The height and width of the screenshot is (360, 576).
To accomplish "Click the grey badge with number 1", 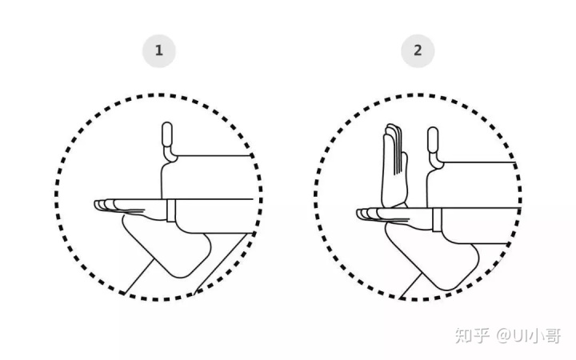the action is pyautogui.click(x=159, y=50).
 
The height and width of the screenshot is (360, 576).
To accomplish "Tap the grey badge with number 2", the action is pyautogui.click(x=418, y=50).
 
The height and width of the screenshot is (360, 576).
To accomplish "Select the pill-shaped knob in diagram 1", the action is pyautogui.click(x=167, y=134).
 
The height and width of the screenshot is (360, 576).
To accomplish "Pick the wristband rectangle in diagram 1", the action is pyautogui.click(x=171, y=210).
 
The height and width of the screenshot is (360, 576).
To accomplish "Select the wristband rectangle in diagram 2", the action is pyautogui.click(x=437, y=220).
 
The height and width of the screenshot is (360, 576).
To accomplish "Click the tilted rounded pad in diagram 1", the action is pyautogui.click(x=167, y=246).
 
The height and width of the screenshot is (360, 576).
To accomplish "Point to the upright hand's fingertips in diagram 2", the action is pyautogui.click(x=391, y=130).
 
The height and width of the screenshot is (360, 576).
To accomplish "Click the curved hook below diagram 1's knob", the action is pyautogui.click(x=170, y=155).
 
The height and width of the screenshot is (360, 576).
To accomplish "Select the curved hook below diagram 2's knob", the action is pyautogui.click(x=436, y=161).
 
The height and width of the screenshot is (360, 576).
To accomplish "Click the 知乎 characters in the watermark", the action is pyautogui.click(x=473, y=335).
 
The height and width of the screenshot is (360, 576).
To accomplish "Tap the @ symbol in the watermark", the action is pyautogui.click(x=504, y=335).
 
